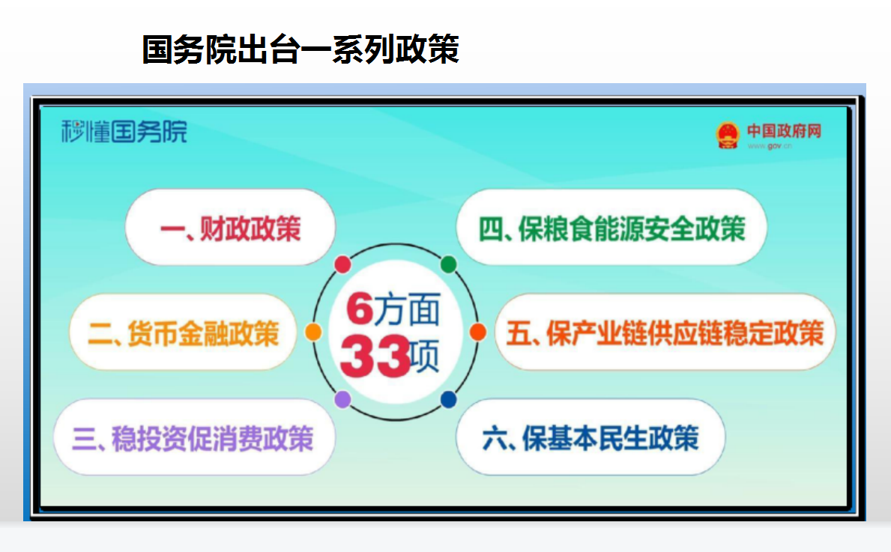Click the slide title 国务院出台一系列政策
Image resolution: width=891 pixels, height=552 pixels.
tap(300, 49)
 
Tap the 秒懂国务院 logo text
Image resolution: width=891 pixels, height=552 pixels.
tap(124, 132)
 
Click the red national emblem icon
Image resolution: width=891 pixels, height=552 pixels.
tap(728, 135)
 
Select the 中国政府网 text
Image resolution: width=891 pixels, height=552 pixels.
tap(784, 131)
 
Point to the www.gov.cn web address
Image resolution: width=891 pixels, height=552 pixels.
tap(770, 147)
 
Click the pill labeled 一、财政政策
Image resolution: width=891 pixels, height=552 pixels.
tap(230, 228)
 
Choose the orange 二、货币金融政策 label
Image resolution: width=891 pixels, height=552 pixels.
tap(183, 333)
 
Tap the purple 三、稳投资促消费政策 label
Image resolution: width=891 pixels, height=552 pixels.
tap(193, 438)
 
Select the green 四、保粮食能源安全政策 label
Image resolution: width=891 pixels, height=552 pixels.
tap(611, 229)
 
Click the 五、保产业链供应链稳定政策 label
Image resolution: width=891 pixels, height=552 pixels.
tap(665, 333)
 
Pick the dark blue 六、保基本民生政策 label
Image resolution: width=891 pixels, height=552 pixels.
tap(591, 438)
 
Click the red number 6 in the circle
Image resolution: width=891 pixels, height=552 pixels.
tap(360, 309)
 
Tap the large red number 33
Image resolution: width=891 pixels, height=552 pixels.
tap(375, 357)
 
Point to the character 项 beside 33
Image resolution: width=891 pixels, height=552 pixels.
tap(424, 357)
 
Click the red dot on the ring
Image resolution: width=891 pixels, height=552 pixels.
tap(342, 264)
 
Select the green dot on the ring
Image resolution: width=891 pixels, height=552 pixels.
tap(448, 264)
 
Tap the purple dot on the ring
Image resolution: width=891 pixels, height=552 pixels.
tap(342, 400)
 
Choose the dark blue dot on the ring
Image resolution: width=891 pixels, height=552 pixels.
tap(448, 400)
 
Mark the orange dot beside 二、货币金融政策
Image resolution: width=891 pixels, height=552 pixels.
tap(313, 333)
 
